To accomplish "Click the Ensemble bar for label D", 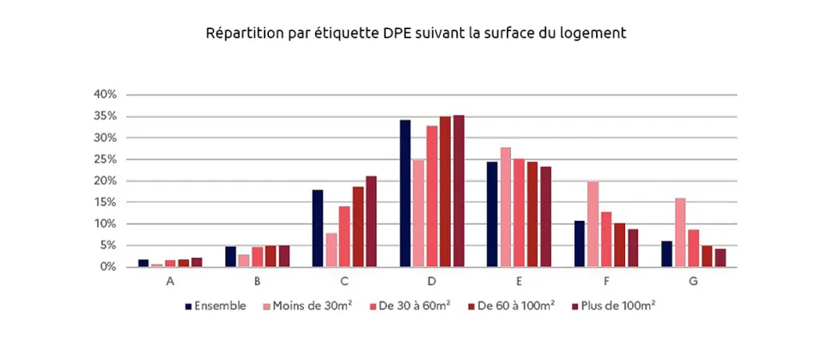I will [x=404, y=193].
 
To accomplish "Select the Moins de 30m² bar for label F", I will [x=593, y=224].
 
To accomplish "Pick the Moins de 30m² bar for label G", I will [x=680, y=233].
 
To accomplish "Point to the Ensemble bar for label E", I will [x=492, y=214].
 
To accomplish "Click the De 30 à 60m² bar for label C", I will [x=344, y=236].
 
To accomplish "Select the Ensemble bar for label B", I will [x=231, y=257].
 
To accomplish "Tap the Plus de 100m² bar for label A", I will [x=197, y=262].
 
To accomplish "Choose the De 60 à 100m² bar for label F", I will [x=619, y=245].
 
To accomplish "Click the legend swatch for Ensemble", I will [x=188, y=305].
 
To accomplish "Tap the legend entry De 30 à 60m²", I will [x=411, y=305].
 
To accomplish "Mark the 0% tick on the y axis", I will [x=118, y=266].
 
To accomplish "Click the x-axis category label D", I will [x=432, y=281].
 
